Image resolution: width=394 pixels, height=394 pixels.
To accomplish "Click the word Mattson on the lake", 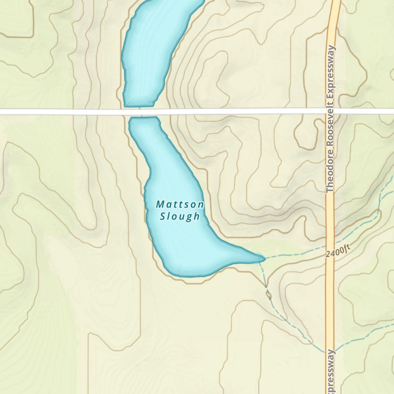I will [180, 204].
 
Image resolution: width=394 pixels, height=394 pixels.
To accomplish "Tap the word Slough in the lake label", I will [180, 216].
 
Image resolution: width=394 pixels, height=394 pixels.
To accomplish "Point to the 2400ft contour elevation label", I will [338, 251].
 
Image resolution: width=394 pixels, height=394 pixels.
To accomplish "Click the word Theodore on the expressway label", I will [330, 173].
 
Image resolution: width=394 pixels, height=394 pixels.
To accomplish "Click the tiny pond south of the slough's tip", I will [269, 295].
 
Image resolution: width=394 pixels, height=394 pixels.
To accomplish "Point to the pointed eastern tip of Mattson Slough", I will [263, 258].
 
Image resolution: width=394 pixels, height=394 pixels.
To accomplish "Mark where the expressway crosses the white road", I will [331, 112].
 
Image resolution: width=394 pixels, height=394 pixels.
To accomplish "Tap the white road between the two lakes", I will [142, 112].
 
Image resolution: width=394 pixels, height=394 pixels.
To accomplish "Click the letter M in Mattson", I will [160, 204].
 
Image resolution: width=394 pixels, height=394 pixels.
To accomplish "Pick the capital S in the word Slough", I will [163, 216].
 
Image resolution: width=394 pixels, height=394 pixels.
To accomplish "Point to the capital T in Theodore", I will [330, 190].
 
